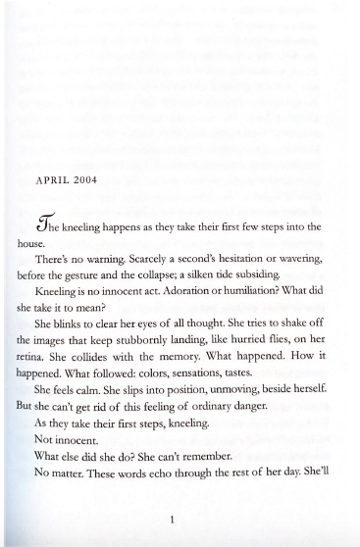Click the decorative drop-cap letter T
click(x=44, y=226)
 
